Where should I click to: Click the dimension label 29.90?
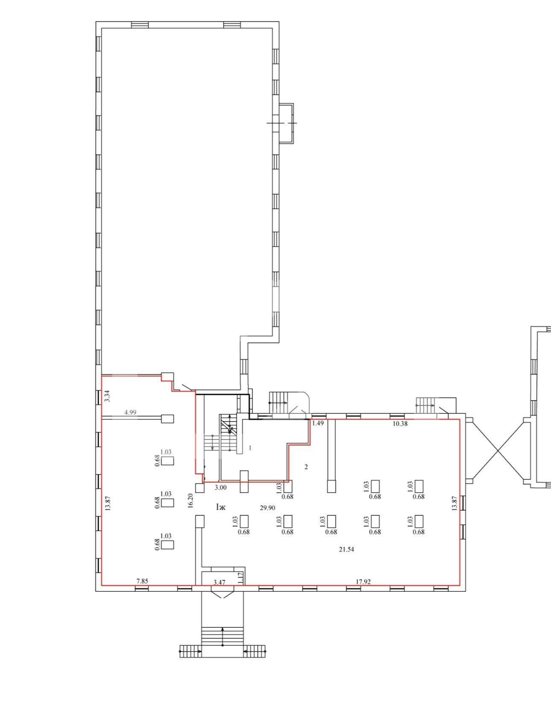pyautogui.click(x=267, y=508)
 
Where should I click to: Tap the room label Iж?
pyautogui.click(x=221, y=507)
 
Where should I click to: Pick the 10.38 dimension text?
pyautogui.click(x=400, y=424)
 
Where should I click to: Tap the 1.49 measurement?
pyautogui.click(x=318, y=423)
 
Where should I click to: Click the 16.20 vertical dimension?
pyautogui.click(x=191, y=501)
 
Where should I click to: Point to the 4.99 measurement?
pyautogui.click(x=130, y=412)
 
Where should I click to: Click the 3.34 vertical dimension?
pyautogui.click(x=108, y=396)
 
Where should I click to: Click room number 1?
pyautogui.click(x=250, y=448)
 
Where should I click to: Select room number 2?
pyautogui.click(x=306, y=467)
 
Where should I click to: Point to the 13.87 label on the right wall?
pyautogui.click(x=454, y=503)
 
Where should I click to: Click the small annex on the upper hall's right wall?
pyautogui.click(x=286, y=124)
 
